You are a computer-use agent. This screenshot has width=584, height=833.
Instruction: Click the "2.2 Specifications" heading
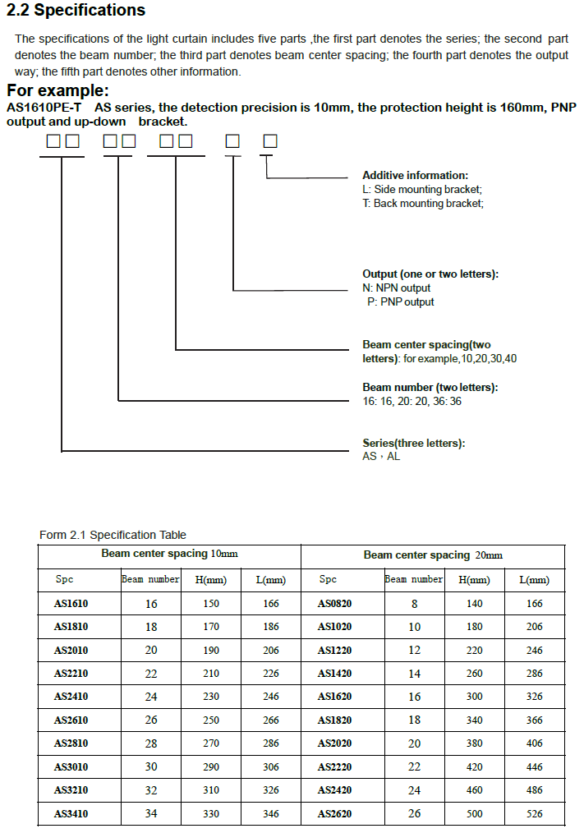click(x=76, y=11)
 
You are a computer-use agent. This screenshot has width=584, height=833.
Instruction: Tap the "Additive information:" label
click(x=415, y=176)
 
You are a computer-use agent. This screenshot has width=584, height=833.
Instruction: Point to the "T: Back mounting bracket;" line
click(x=423, y=204)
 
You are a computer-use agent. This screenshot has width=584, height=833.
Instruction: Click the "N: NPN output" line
click(x=396, y=288)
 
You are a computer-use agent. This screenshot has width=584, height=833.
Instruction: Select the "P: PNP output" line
click(x=401, y=302)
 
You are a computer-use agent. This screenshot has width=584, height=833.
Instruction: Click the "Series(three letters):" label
click(x=413, y=444)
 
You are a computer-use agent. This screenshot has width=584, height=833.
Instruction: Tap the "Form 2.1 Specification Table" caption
click(x=113, y=535)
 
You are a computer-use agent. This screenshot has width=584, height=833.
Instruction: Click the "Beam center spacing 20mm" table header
click(x=433, y=555)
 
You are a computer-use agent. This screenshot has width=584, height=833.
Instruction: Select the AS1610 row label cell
click(x=71, y=604)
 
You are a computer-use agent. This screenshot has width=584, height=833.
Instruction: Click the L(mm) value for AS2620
click(x=535, y=814)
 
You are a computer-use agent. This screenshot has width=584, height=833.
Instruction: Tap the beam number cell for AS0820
click(x=414, y=604)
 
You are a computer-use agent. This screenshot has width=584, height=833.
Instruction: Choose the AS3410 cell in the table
click(x=71, y=814)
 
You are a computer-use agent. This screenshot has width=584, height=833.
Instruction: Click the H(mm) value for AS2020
click(x=473, y=743)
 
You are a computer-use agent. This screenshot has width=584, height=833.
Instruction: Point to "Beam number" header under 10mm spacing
click(x=150, y=580)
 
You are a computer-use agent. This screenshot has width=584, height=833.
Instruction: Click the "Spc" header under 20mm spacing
click(x=328, y=580)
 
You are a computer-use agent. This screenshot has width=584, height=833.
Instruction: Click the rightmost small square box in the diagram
click(x=269, y=141)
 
